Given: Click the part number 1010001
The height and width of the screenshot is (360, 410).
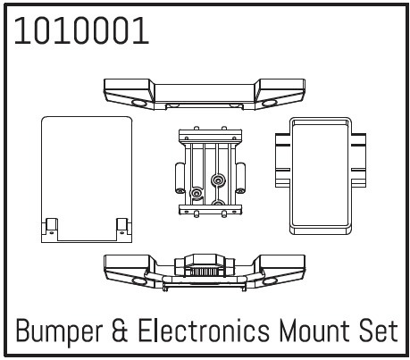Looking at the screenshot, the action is pos(81,31).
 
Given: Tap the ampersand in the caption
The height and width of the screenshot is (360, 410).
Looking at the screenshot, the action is pos(121,331).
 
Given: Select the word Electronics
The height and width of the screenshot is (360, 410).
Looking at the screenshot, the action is pos(204,331).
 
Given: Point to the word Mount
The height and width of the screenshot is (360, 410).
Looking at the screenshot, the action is pos(314,331).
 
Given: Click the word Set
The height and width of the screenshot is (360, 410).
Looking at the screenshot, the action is pos(379,331).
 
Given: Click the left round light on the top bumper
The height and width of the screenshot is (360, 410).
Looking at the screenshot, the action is pos(139,104).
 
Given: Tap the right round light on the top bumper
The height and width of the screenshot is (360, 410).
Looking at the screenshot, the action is pos(270,104).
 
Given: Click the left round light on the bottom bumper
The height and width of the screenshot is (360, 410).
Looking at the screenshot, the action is pos(139,281).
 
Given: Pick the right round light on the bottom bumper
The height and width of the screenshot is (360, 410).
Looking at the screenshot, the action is pos(270,281).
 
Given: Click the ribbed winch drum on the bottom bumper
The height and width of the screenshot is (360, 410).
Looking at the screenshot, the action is pos(205,272).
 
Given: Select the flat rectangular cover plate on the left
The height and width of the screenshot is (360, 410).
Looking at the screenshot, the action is pos(87,180).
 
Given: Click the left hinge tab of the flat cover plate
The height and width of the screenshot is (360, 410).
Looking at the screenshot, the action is pos(50,229).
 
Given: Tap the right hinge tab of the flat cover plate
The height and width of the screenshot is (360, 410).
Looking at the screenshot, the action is pos(123,229).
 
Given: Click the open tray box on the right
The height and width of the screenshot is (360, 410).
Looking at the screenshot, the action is pos(321,176).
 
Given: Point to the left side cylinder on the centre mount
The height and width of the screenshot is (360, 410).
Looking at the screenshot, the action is pos(180,178).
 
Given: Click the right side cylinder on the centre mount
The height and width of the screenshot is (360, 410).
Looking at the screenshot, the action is pos(240,178).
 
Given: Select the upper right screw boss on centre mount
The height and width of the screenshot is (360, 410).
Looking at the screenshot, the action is pos(218,180).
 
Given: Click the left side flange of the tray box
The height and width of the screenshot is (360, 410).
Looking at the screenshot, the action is pos(282,160).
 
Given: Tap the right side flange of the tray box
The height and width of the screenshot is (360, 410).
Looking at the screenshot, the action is pos(358,160).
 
